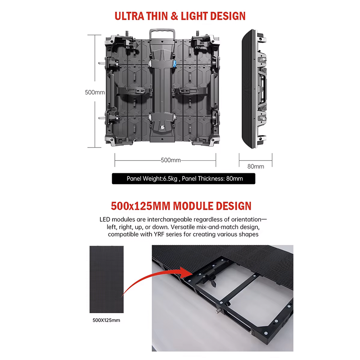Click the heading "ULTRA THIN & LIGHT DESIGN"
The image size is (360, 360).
pos(180,16)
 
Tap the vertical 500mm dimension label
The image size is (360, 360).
pos(95,92)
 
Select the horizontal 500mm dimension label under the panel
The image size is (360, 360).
pos(171,160)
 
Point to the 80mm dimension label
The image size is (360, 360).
pos(256,166)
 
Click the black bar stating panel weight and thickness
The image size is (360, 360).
pos(184,179)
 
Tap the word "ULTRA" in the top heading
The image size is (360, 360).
pos(130,16)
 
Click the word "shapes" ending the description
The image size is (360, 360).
pos(248,234)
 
